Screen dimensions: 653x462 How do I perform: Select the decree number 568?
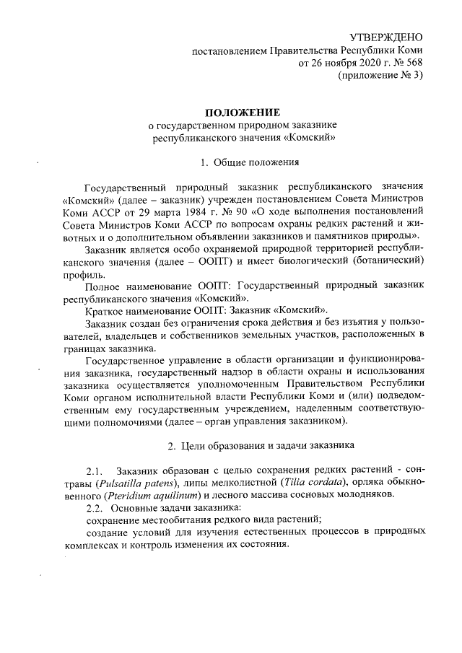click(x=412, y=63)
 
